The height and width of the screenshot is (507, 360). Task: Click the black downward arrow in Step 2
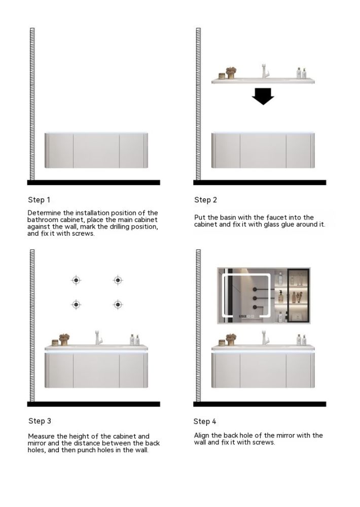(263, 96)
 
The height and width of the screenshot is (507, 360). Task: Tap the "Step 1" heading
(39, 200)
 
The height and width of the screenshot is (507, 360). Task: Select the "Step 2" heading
(205, 200)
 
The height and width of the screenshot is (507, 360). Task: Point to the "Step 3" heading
(40, 421)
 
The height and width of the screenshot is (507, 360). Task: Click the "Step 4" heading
(205, 421)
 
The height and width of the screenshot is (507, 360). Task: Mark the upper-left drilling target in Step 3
(76, 280)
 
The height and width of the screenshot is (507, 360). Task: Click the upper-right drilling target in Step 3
(118, 280)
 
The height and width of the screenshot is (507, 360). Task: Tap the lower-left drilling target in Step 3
(76, 304)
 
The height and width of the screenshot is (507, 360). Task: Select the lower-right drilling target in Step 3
(118, 304)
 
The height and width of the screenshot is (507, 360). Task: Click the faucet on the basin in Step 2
(264, 71)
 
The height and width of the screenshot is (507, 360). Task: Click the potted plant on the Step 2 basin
(231, 72)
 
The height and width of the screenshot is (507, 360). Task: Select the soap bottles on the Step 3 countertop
(134, 339)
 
